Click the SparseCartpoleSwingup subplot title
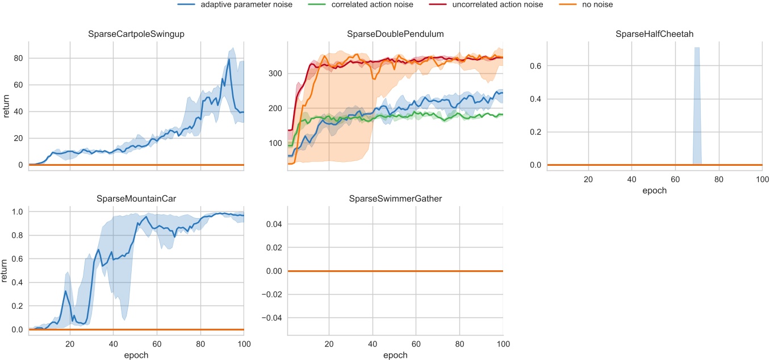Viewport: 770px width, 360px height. [136, 35]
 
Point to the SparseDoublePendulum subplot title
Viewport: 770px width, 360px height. [395, 35]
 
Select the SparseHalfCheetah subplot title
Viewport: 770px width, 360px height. [654, 35]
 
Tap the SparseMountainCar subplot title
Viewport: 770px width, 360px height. [136, 199]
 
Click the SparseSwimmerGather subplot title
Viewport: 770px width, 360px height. [395, 199]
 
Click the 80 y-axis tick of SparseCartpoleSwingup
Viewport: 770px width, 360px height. [18, 58]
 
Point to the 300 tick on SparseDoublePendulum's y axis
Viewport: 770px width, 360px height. [275, 73]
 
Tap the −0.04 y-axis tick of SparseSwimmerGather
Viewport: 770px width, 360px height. [270, 318]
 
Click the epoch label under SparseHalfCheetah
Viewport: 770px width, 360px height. [654, 191]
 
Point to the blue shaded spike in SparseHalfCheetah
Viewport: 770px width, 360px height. [697, 102]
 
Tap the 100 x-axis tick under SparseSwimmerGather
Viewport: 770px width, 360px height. [503, 344]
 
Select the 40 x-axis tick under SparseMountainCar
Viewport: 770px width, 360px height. [114, 344]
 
